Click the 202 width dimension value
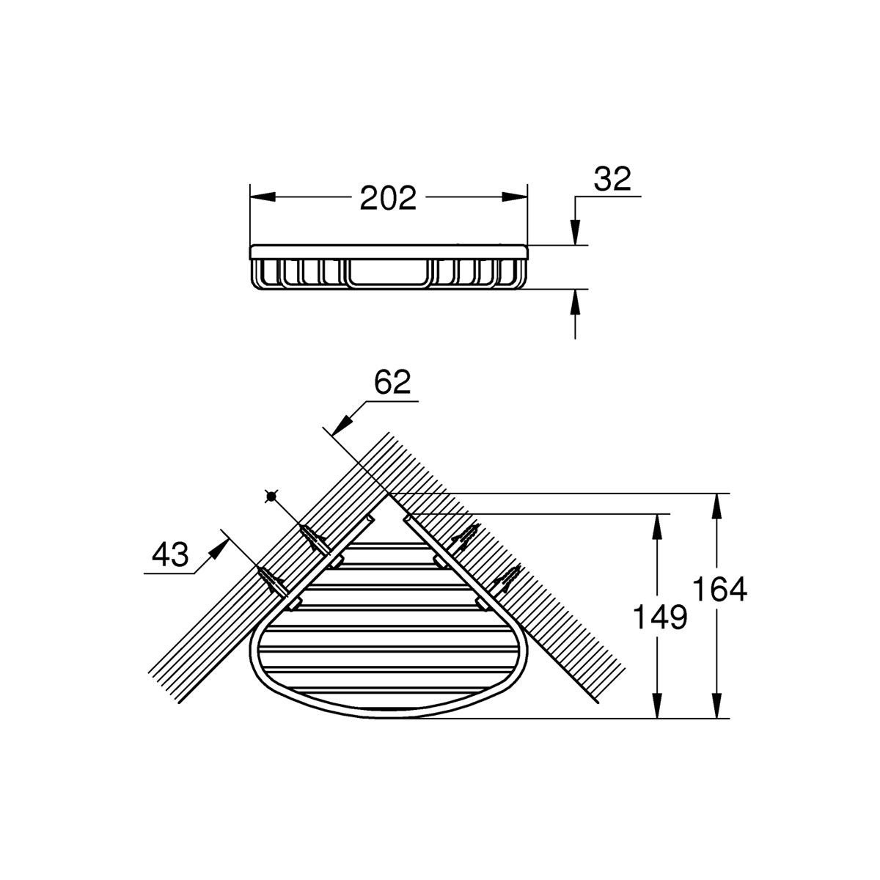point(388,197)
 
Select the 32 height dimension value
point(612,179)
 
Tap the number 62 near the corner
point(392,383)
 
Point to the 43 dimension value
point(170,555)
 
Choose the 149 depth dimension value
point(661,617)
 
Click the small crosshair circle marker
point(271,497)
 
